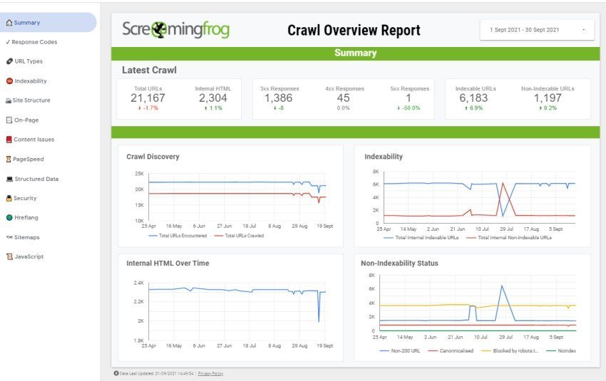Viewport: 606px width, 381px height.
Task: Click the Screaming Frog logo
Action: tap(175, 30)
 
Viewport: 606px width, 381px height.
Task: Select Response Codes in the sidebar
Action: tap(34, 42)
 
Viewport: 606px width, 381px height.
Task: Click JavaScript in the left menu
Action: tap(29, 256)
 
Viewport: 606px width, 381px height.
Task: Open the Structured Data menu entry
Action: tap(39, 179)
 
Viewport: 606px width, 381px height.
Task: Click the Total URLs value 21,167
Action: tap(148, 98)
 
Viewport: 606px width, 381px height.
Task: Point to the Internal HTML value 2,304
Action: tap(212, 98)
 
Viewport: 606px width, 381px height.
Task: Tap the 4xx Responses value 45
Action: tap(344, 98)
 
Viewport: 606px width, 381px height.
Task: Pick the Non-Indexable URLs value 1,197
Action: tap(548, 98)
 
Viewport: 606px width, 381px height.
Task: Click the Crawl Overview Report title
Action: tap(354, 31)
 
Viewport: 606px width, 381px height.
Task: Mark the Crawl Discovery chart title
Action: tap(153, 157)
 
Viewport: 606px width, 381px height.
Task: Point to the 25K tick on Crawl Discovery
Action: tap(138, 174)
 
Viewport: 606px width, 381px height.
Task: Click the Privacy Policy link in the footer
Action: tap(210, 373)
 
